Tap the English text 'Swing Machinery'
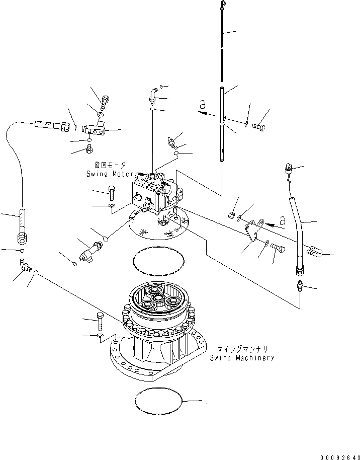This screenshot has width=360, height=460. coord(242,358)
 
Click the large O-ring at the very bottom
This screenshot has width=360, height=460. coord(158,401)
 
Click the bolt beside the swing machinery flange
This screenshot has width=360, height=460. coord(100,320)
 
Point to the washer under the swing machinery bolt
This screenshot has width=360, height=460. coord(101,335)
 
